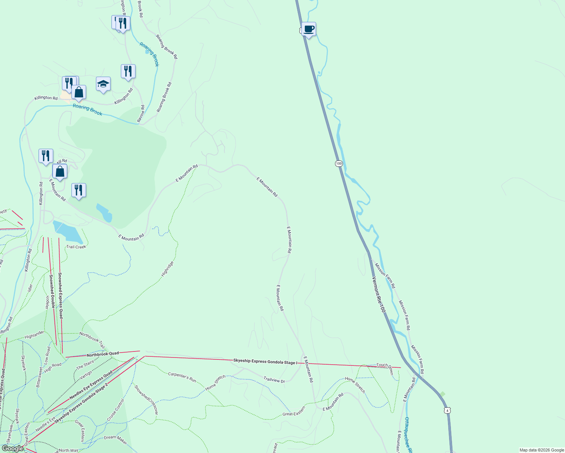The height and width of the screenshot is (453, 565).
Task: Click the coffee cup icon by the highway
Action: point(309,29)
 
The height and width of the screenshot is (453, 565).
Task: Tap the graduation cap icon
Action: point(103,84)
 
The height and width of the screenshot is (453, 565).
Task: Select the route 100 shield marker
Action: point(339,163)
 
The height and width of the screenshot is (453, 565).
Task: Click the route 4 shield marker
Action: point(447,410)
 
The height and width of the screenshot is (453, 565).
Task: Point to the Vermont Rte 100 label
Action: point(379,295)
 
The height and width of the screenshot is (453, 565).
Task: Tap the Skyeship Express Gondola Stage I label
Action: point(265,362)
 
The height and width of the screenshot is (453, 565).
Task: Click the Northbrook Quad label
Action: point(103,354)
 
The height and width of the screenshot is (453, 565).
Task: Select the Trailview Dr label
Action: point(274,380)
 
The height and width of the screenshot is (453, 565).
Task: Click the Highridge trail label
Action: point(167,269)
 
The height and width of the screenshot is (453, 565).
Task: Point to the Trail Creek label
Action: point(76,247)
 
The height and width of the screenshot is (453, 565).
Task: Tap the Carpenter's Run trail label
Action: point(182,377)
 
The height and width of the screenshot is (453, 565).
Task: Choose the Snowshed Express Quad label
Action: point(60,296)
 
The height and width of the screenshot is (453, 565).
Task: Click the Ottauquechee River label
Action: point(407,434)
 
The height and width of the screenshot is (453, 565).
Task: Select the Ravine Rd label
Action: point(141,113)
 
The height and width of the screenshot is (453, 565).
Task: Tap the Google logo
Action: point(13,448)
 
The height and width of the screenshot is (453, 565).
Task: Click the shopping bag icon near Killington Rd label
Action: point(79,92)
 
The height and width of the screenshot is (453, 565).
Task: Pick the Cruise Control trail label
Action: point(116,410)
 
